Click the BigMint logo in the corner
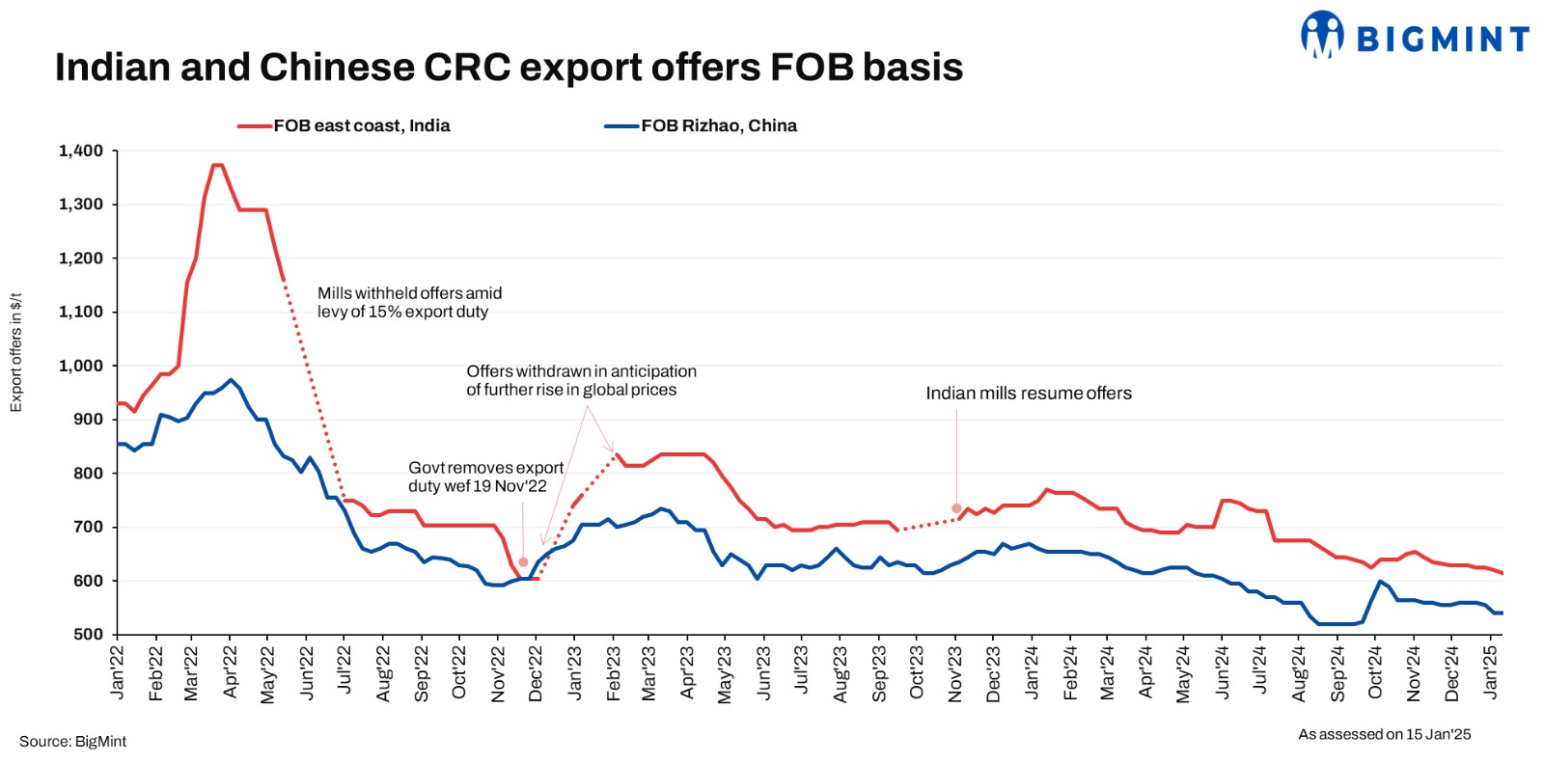click(x=1415, y=36)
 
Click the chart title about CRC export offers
click(x=509, y=68)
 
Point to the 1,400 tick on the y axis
click(x=81, y=150)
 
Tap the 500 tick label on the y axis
click(x=88, y=635)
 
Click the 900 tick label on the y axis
click(x=88, y=420)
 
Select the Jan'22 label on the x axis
click(x=118, y=672)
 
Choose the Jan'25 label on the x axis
click(x=1491, y=672)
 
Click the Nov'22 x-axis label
click(x=498, y=672)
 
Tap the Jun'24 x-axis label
click(x=1223, y=672)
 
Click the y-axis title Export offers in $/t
click(x=15, y=353)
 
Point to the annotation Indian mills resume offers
click(x=1029, y=394)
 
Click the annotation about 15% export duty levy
click(x=409, y=302)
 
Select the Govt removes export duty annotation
click(x=485, y=477)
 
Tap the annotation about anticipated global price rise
click(x=581, y=380)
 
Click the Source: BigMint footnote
click(x=73, y=742)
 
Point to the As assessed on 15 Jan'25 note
click(x=1384, y=734)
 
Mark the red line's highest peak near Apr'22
click(x=217, y=165)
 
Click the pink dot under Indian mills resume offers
click(x=956, y=508)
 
